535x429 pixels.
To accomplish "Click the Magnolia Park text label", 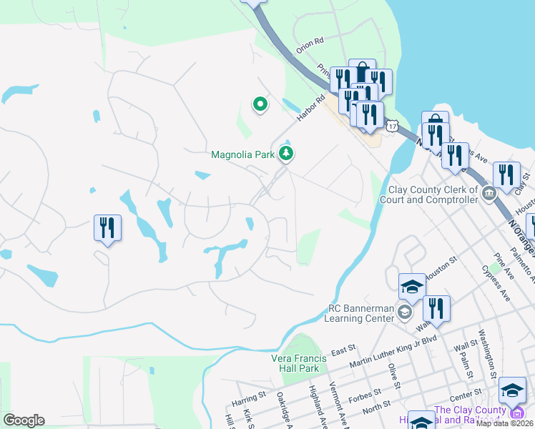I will point(243,154).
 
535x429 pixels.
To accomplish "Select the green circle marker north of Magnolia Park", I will point(260,105).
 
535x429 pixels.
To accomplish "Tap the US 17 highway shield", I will point(393,126).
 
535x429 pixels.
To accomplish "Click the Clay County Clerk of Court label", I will point(432,195).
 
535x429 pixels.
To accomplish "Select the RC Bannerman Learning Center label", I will point(360,313).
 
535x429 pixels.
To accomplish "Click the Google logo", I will point(24,420).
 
